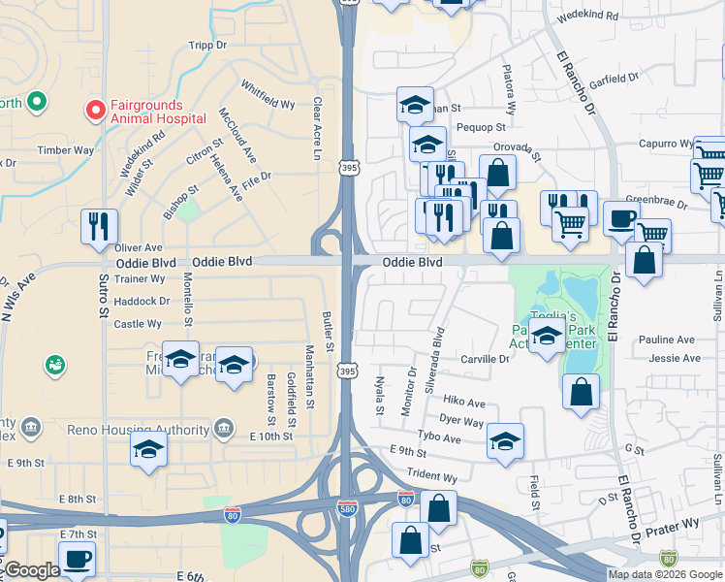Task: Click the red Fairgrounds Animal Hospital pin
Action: pos(95,111)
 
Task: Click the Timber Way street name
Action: pos(65,150)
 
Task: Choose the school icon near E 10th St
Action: pos(148,449)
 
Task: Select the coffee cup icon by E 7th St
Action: pos(77,559)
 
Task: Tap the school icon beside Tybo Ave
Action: pos(505,440)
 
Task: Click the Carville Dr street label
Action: pos(485,359)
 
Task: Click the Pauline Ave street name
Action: pos(667,339)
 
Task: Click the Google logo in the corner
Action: pos(32,571)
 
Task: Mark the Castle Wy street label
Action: pos(139,324)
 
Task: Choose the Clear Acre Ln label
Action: pos(316,127)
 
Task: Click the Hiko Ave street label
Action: pos(463,402)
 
